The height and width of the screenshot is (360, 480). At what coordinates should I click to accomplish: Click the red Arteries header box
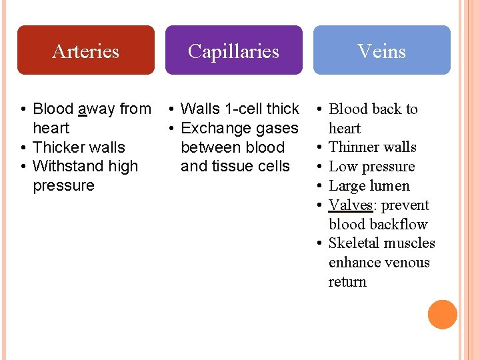coord(85,50)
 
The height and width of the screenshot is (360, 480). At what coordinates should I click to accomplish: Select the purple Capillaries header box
coord(233,50)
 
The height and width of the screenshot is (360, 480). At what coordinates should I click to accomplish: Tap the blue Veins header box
coord(381,50)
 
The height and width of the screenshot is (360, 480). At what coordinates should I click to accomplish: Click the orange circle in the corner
coord(443,315)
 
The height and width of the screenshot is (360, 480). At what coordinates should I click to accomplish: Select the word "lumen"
coord(390,186)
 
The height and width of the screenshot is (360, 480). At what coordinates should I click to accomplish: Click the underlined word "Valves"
coord(350,205)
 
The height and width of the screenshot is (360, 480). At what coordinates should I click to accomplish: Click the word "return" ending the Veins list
coord(347,282)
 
